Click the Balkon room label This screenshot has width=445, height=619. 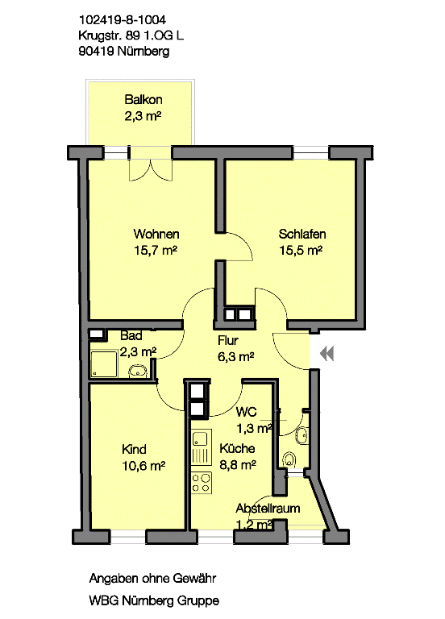[x=143, y=99]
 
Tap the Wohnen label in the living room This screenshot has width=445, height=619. [x=156, y=234]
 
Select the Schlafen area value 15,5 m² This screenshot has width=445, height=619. [x=301, y=250]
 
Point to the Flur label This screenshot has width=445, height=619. [x=228, y=340]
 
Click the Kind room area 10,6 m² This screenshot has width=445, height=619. [x=143, y=466]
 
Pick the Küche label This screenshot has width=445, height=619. [x=237, y=448]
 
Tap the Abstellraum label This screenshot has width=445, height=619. [x=268, y=508]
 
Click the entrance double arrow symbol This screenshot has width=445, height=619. [x=327, y=353]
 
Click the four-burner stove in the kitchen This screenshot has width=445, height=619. [x=202, y=483]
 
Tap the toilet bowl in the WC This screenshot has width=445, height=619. [x=290, y=460]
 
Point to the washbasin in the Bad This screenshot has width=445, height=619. [x=138, y=371]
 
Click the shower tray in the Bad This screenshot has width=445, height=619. [x=104, y=364]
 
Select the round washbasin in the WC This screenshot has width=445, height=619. [x=302, y=435]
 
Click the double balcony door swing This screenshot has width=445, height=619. [x=151, y=170]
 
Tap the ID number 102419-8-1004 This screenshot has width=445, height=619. [x=123, y=19]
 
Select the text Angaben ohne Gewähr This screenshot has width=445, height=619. [x=152, y=579]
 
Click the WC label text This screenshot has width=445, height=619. [x=246, y=412]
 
